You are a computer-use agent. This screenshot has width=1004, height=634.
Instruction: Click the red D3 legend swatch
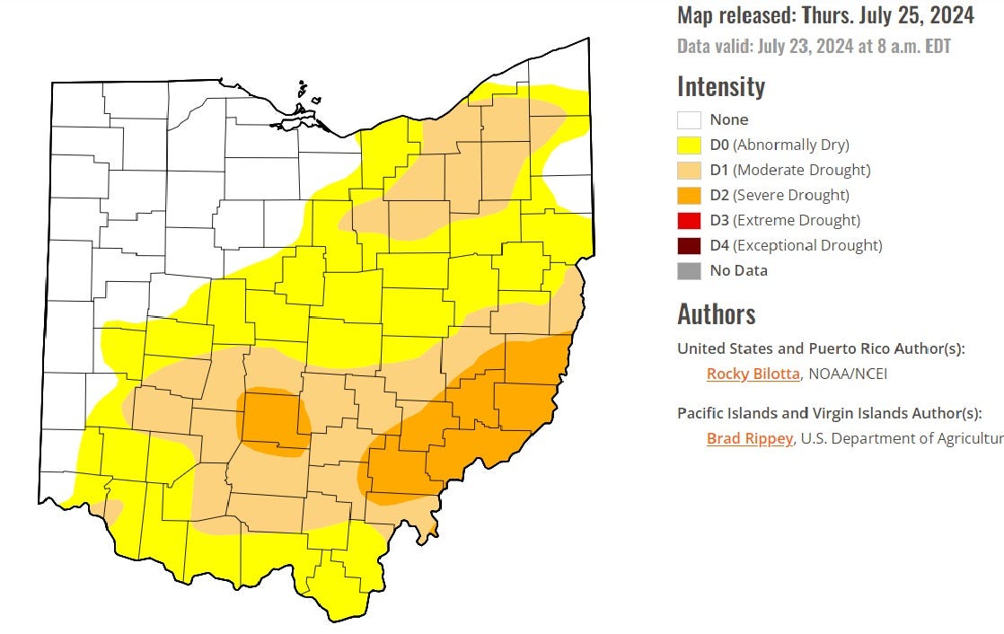[689, 220]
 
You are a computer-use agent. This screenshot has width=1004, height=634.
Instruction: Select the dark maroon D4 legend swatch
[689, 245]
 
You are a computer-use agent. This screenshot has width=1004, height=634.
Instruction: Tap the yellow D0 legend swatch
[689, 145]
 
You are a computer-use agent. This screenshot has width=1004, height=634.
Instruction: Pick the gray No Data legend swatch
[689, 270]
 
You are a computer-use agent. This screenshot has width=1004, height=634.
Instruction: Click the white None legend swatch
[689, 119]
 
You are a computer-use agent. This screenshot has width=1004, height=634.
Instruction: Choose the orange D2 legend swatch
[689, 195]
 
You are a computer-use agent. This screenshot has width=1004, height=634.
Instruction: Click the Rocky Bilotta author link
[753, 374]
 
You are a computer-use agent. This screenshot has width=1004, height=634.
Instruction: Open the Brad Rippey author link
[749, 438]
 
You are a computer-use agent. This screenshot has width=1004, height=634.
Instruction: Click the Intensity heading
[720, 87]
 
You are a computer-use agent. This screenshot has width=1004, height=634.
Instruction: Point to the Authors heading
[716, 314]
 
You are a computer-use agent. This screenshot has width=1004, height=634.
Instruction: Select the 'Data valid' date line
[814, 47]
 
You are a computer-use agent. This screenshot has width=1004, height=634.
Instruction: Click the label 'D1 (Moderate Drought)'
[789, 170]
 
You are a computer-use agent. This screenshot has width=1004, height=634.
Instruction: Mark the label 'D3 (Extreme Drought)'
[784, 220]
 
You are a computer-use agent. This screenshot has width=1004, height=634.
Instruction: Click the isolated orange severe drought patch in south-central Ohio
[274, 419]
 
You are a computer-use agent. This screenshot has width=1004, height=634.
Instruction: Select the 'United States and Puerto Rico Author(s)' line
[821, 348]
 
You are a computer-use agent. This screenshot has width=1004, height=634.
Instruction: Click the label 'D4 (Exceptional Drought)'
[796, 245]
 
